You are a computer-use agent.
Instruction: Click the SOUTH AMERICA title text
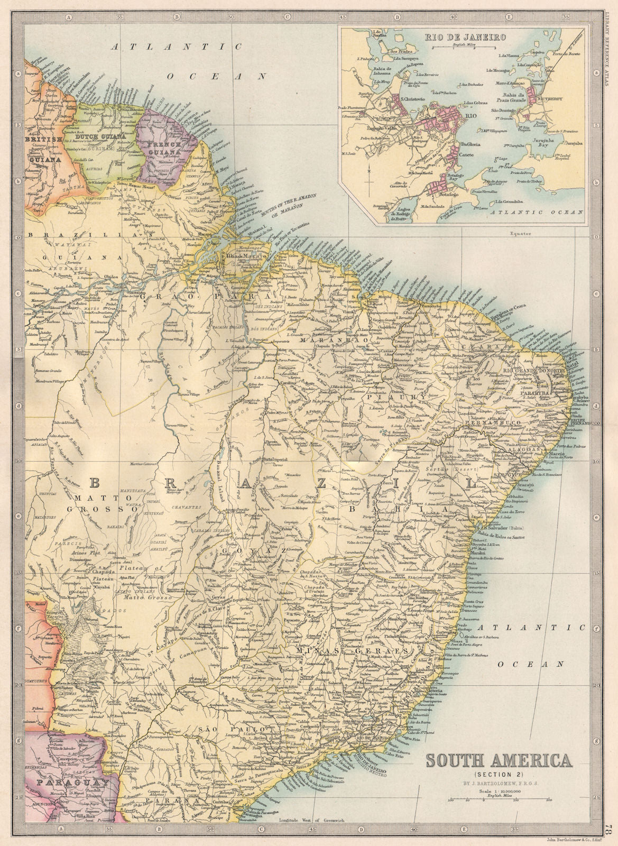coord(498,761)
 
